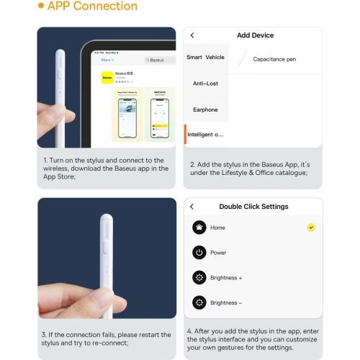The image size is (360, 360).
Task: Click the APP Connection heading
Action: [92, 6]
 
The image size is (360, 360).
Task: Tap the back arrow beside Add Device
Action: [192, 35]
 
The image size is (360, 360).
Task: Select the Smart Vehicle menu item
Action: [205, 58]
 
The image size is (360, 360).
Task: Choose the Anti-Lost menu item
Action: [205, 84]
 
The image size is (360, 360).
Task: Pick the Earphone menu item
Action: [205, 109]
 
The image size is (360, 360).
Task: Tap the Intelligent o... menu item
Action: [205, 135]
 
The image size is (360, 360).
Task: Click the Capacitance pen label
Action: [274, 59]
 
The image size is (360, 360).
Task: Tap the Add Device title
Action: [255, 35]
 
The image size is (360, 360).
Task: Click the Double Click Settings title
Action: [253, 207]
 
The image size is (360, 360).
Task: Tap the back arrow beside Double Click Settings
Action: [192, 207]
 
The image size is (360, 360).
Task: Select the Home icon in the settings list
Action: [199, 228]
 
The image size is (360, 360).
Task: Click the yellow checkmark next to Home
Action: [310, 228]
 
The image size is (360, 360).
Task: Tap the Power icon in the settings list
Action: [199, 253]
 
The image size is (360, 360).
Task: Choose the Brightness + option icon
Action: [199, 278]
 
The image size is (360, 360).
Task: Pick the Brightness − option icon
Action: [199, 303]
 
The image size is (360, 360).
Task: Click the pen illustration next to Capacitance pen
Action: [243, 59]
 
